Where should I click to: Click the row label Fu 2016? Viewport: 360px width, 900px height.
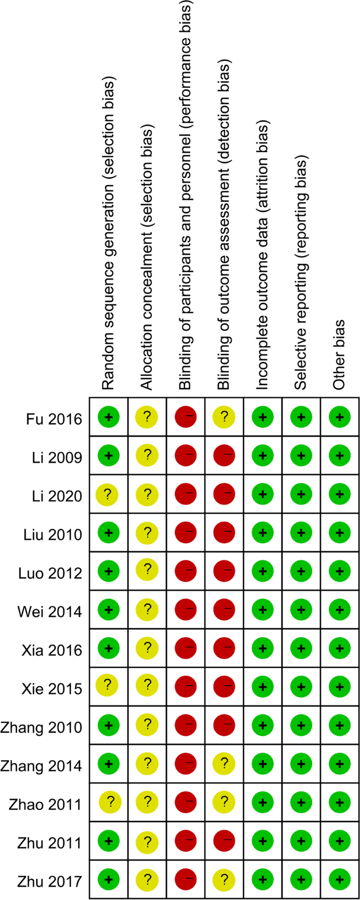coord(54,419)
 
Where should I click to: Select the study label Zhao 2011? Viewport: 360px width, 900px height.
coord(45,805)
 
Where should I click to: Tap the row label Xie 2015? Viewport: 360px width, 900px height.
coord(52,689)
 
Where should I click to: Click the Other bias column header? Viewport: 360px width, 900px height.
coord(340,355)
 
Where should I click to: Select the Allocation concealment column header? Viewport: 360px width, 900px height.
coord(147,258)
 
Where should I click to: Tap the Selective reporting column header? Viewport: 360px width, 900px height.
coord(301,273)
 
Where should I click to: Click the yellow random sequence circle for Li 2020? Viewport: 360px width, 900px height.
coord(107,495)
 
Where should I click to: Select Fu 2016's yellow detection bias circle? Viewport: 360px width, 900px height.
coord(224,417)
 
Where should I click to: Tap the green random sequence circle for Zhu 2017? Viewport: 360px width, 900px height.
coord(109,879)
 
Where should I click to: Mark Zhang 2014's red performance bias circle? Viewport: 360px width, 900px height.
coord(186,763)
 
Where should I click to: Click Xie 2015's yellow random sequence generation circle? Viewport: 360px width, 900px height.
coord(107,686)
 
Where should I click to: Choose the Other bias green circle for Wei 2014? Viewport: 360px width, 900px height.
coord(340,610)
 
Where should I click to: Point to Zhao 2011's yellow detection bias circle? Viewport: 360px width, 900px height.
coord(224,802)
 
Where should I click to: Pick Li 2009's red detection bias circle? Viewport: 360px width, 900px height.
coord(224,455)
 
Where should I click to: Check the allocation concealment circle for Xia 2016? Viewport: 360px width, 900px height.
coord(147,649)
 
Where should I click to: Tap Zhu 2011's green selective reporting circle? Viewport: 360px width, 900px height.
coord(301,841)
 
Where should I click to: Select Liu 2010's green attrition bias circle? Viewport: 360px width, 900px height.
coord(263,533)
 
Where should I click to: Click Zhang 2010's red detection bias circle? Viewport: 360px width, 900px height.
coord(224,725)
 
